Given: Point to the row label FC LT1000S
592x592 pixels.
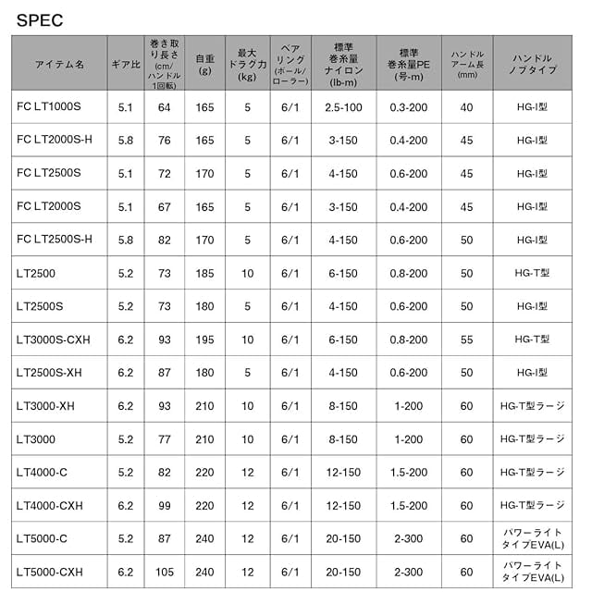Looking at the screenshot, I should point(50,107).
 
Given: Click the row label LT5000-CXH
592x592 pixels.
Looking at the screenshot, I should point(55,572).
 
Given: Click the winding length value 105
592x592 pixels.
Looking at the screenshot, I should point(165,572).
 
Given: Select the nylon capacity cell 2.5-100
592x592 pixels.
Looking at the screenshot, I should point(343,107).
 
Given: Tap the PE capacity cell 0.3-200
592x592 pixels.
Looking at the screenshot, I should point(409,107).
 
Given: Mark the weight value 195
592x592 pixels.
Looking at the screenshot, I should point(205,339).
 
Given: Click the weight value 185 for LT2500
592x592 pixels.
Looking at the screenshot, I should point(205,273).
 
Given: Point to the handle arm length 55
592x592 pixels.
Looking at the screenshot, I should point(466,339).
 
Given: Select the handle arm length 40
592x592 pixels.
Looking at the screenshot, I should point(466,107).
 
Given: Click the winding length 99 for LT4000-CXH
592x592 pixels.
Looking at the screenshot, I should point(165,505).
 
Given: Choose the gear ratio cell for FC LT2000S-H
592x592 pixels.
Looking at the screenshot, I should point(126,141).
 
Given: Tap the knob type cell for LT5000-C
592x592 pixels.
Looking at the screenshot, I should point(532,538).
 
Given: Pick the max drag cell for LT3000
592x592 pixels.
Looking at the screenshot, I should point(247,438).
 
